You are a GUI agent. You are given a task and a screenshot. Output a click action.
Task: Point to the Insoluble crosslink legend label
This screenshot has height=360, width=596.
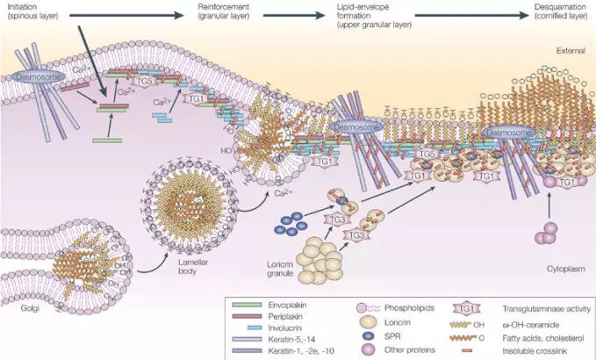[534, 349]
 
